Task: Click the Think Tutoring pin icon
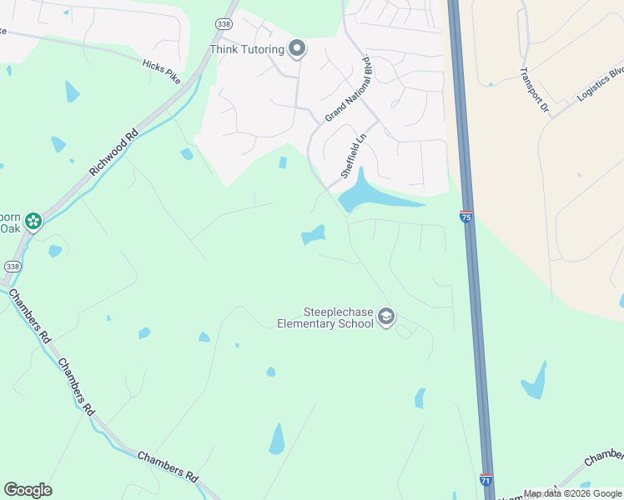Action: [x=296, y=49]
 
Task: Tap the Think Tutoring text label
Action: [x=247, y=49]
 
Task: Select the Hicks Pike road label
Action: [x=161, y=70]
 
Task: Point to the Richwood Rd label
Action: [x=113, y=152]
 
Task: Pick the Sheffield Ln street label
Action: [x=354, y=156]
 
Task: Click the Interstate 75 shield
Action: [x=465, y=217]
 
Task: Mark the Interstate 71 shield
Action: [x=486, y=480]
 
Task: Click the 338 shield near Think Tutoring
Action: [x=224, y=24]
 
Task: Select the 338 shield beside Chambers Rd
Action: [x=12, y=266]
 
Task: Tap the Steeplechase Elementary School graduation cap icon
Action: [x=385, y=317]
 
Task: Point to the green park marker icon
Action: [x=33, y=221]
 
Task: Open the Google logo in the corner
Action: [x=28, y=490]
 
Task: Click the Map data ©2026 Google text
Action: [x=572, y=494]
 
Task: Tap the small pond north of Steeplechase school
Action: [x=314, y=236]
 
